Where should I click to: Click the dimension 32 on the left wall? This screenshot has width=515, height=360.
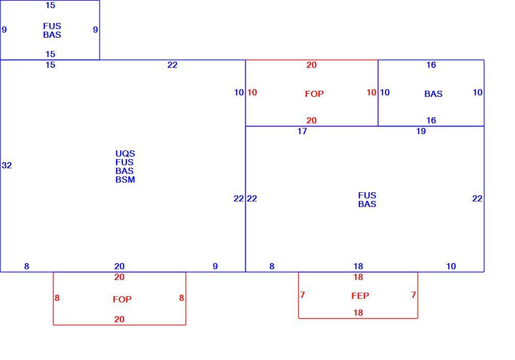pos(7,165)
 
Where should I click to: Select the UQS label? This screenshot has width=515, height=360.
pos(125,153)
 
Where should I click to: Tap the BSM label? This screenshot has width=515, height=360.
pos(125,179)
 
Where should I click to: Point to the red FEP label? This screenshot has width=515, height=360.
pos(360,296)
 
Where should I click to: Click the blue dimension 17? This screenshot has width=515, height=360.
pos(302,131)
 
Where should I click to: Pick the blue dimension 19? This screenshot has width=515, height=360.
pos(421,131)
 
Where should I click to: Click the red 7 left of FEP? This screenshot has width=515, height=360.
pos(302,295)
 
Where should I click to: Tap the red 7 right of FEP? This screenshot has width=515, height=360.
pos(414,295)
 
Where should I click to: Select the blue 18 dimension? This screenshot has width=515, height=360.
pos(358,266)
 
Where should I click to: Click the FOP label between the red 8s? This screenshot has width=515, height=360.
pos(122,299)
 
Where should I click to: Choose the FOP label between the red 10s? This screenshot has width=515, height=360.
pos(314,94)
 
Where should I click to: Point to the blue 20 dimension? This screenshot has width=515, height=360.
pos(119,266)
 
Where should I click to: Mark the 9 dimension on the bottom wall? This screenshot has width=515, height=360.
pos(215,266)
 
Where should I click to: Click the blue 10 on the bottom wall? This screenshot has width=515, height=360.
pos(451,266)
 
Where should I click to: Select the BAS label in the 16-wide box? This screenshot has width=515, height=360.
pos(433,94)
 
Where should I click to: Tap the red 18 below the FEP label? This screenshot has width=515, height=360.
pos(358,313)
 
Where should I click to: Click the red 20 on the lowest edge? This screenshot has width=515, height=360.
pos(119,319)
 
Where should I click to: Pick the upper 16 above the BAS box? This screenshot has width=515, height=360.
pos(431,65)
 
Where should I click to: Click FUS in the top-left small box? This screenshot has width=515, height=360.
pos(52,26)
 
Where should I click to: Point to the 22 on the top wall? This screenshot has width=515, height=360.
pos(172,65)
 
